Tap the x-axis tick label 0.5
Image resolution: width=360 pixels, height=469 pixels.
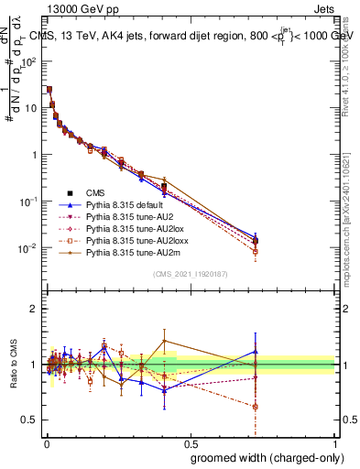pos(191,442)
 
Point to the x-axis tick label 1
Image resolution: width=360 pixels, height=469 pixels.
pos(334,442)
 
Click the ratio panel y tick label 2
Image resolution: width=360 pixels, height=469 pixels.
pos(34,309)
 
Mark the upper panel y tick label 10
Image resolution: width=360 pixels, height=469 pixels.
pos(30,107)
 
